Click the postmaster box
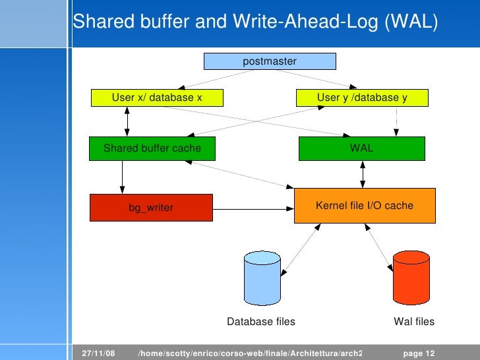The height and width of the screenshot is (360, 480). tap(270, 61)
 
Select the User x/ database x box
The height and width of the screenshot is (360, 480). tap(156, 98)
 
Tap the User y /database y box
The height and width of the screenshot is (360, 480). tap(362, 98)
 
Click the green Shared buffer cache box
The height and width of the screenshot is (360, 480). tap(152, 148)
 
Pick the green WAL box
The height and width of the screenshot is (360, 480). tap(362, 148)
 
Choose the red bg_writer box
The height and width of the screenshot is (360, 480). tap(151, 208)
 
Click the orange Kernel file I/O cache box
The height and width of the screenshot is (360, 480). tap(365, 205)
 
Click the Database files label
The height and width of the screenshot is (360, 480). tap(261, 322)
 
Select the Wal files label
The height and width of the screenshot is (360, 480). tap(414, 322)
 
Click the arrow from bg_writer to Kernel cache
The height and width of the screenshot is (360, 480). tap(254, 210)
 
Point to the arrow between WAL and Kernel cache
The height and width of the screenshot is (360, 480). tap(362, 174)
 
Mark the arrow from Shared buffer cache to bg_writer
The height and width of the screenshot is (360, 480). tap(122, 177)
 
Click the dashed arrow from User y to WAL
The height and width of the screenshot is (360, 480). tap(396, 121)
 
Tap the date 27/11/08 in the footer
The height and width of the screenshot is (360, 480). tap(98, 353)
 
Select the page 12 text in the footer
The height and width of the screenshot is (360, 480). tap(419, 353)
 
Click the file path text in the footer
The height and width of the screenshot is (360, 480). tap(251, 353)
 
